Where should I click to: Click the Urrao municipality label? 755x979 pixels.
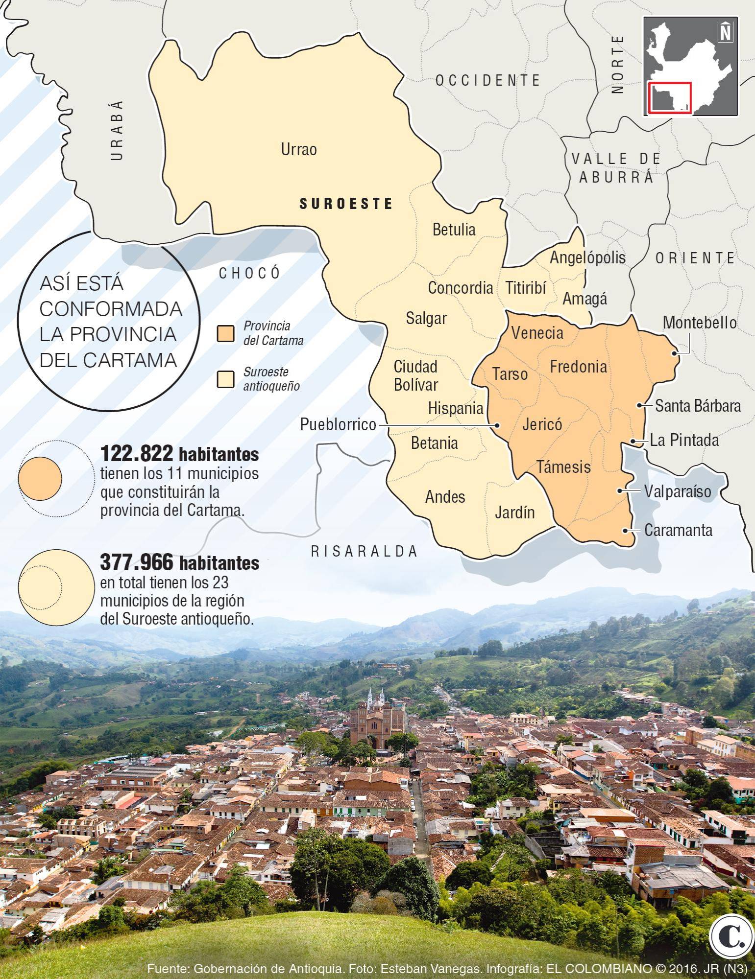pos(298,149)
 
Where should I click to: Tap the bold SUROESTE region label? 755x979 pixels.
pos(346,204)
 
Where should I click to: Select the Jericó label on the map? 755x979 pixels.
pos(542,424)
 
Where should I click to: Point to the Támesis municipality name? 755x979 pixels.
pos(563,466)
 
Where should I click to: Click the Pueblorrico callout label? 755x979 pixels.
pos(338,424)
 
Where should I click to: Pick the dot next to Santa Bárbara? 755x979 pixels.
pos(639,405)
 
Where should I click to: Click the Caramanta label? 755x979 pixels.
pos(678,530)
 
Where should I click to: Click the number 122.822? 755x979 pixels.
pos(137,454)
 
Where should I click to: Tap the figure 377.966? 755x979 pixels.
pos(137,563)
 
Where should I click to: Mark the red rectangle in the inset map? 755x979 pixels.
pos(669,98)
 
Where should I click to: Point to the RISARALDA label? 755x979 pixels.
pos(365,552)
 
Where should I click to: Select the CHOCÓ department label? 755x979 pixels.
pos(249,273)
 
